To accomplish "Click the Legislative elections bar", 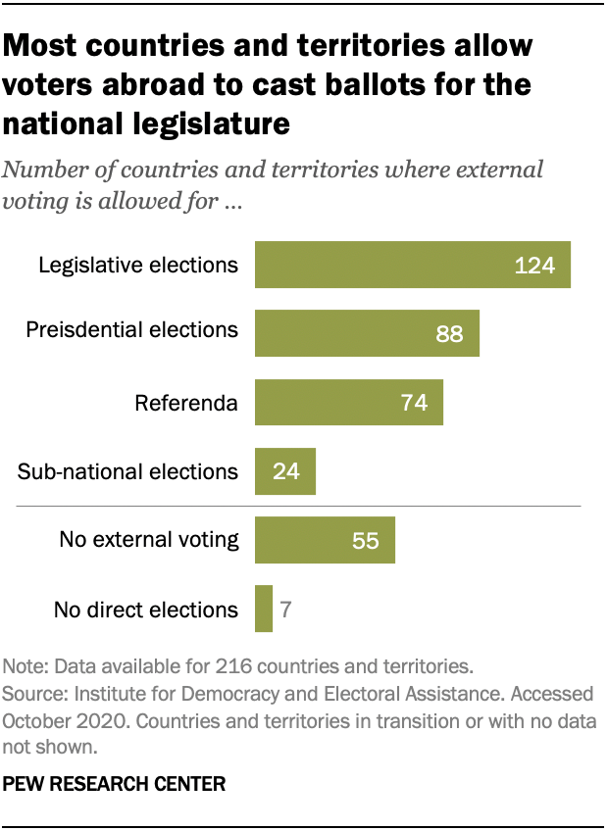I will click(412, 265).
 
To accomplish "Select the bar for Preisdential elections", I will click(367, 334).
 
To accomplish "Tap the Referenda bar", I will click(348, 403).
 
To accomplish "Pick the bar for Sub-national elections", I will click(284, 471).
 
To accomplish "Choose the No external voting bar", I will click(325, 540).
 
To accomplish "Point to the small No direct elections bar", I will click(263, 609).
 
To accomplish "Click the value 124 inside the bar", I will click(535, 266).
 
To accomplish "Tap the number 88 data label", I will click(450, 334).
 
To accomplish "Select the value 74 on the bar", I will click(415, 403).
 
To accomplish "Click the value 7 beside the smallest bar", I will click(286, 610).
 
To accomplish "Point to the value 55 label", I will click(366, 540).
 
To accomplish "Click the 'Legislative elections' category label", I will click(137, 265).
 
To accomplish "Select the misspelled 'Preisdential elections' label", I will click(131, 329).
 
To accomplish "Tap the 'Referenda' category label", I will click(186, 403).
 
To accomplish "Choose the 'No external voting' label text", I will click(148, 539).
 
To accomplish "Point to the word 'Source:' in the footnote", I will click(35, 694).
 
